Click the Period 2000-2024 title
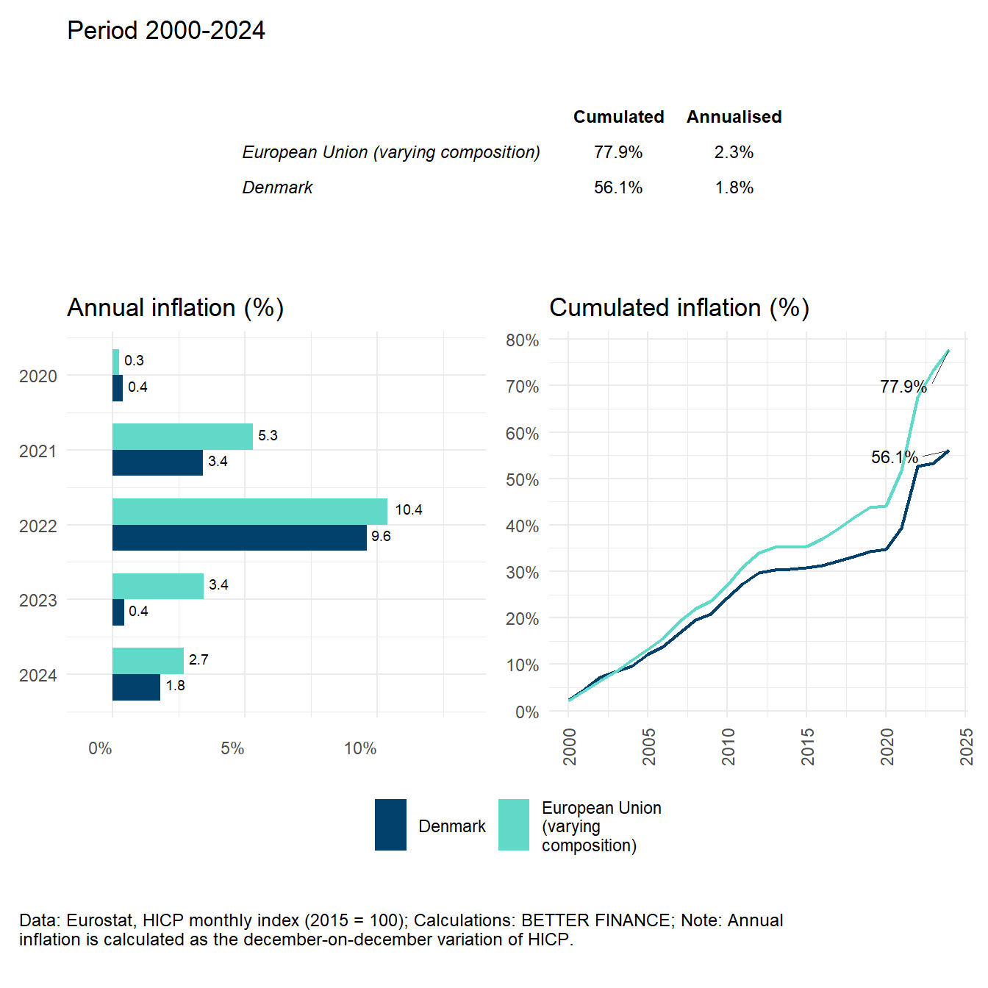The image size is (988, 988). [x=166, y=31]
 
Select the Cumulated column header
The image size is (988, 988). [x=618, y=117]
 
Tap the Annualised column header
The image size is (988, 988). [x=734, y=117]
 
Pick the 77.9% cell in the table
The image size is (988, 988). [x=618, y=152]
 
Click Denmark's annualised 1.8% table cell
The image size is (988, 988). [x=734, y=187]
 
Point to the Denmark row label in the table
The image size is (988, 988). [x=277, y=187]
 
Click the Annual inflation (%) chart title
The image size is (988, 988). [x=175, y=307]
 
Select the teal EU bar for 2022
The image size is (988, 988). [x=250, y=512]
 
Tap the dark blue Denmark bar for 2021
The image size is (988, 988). [x=157, y=463]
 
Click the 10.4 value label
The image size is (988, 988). [x=409, y=510]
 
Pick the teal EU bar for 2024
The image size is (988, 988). [x=148, y=661]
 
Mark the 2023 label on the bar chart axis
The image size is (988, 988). [x=38, y=601]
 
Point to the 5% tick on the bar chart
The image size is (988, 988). [x=232, y=748]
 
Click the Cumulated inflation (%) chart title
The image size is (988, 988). [x=679, y=307]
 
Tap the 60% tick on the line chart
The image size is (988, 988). [x=522, y=434]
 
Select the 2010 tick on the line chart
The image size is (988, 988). [x=729, y=746]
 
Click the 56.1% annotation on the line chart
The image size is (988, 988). [x=894, y=457]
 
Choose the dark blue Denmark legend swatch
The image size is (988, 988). [x=390, y=825]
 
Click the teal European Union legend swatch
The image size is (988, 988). [x=514, y=825]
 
